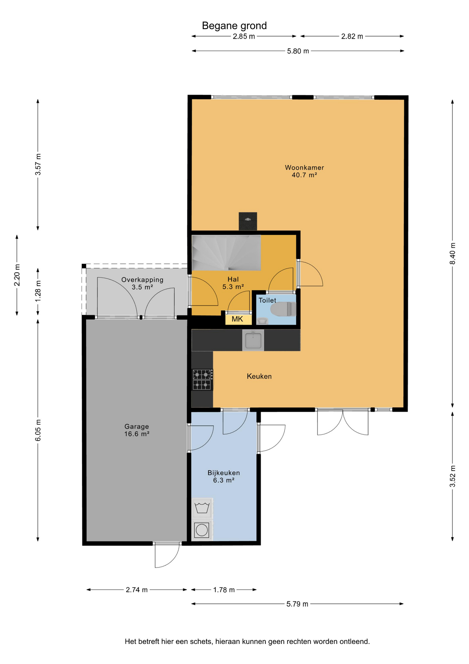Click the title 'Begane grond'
click(x=234, y=26)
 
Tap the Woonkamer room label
click(x=304, y=171)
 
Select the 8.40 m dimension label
click(x=452, y=253)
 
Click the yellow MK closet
click(x=238, y=319)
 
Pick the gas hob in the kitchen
click(x=202, y=379)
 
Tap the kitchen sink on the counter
click(x=253, y=340)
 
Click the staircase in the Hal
click(x=226, y=253)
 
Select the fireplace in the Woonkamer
click(x=248, y=221)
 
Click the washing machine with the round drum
click(x=202, y=529)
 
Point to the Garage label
click(x=137, y=430)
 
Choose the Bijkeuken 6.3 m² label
click(x=224, y=476)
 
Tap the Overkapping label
click(x=142, y=283)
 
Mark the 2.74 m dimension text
click(x=137, y=590)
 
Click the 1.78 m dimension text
click(x=224, y=590)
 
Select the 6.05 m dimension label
click(x=38, y=430)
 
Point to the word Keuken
click(x=259, y=376)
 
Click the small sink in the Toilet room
click(x=262, y=321)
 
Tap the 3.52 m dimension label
click(x=452, y=476)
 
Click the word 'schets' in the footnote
click(x=201, y=642)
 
